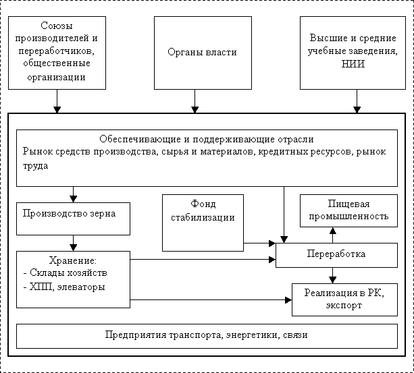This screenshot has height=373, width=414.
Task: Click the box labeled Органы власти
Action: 203,53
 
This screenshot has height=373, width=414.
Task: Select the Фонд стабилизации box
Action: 203,223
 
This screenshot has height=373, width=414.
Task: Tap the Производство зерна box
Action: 73,219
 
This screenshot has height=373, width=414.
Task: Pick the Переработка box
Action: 336,255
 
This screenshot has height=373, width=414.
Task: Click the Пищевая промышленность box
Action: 348,210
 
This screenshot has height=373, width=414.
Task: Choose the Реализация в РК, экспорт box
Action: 344,299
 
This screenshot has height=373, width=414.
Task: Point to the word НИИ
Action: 353,64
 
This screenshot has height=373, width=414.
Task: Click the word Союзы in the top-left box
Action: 57,26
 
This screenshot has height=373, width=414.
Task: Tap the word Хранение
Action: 73,260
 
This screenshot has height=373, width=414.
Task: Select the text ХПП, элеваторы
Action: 67,287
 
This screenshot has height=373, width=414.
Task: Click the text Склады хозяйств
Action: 68,272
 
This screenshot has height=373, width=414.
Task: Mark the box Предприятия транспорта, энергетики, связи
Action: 207,336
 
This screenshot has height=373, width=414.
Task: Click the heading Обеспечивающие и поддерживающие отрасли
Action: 207,139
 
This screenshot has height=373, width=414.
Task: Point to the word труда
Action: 35,166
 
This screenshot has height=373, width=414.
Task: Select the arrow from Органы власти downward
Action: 195,101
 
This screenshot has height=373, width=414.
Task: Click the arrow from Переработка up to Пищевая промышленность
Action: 333,235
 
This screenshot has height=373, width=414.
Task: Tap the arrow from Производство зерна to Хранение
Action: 73,243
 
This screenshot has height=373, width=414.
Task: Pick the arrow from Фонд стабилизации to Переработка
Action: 259,243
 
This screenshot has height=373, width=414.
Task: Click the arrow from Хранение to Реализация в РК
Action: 211,299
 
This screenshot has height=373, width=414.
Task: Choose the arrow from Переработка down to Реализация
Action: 333,275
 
